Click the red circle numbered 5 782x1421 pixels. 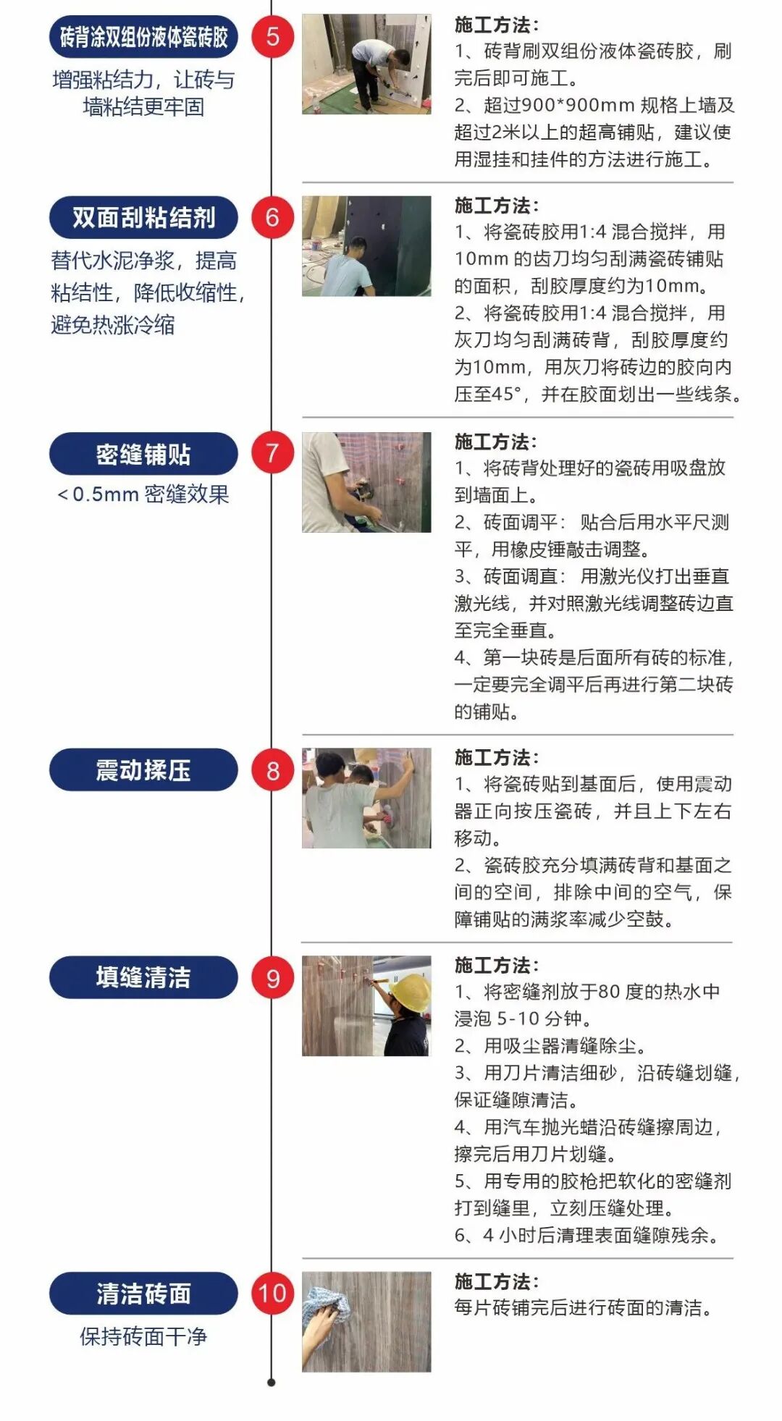(x=272, y=36)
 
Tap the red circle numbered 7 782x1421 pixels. (x=272, y=453)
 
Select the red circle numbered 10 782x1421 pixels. (x=272, y=1293)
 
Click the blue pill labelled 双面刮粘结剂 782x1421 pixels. (x=143, y=217)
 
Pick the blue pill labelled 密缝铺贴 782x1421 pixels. (x=143, y=454)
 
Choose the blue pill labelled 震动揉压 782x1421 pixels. (x=143, y=769)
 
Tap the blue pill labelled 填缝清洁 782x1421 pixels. (x=143, y=977)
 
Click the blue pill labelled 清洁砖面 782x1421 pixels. (x=143, y=1293)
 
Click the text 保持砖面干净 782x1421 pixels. (x=143, y=1336)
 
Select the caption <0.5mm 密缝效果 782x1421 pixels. (x=143, y=494)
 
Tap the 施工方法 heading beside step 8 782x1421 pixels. (x=496, y=757)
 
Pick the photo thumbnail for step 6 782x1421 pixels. (x=366, y=246)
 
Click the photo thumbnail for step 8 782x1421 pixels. (x=366, y=798)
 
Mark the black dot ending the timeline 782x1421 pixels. (x=272, y=1383)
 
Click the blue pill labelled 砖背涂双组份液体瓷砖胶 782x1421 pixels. (x=143, y=36)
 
